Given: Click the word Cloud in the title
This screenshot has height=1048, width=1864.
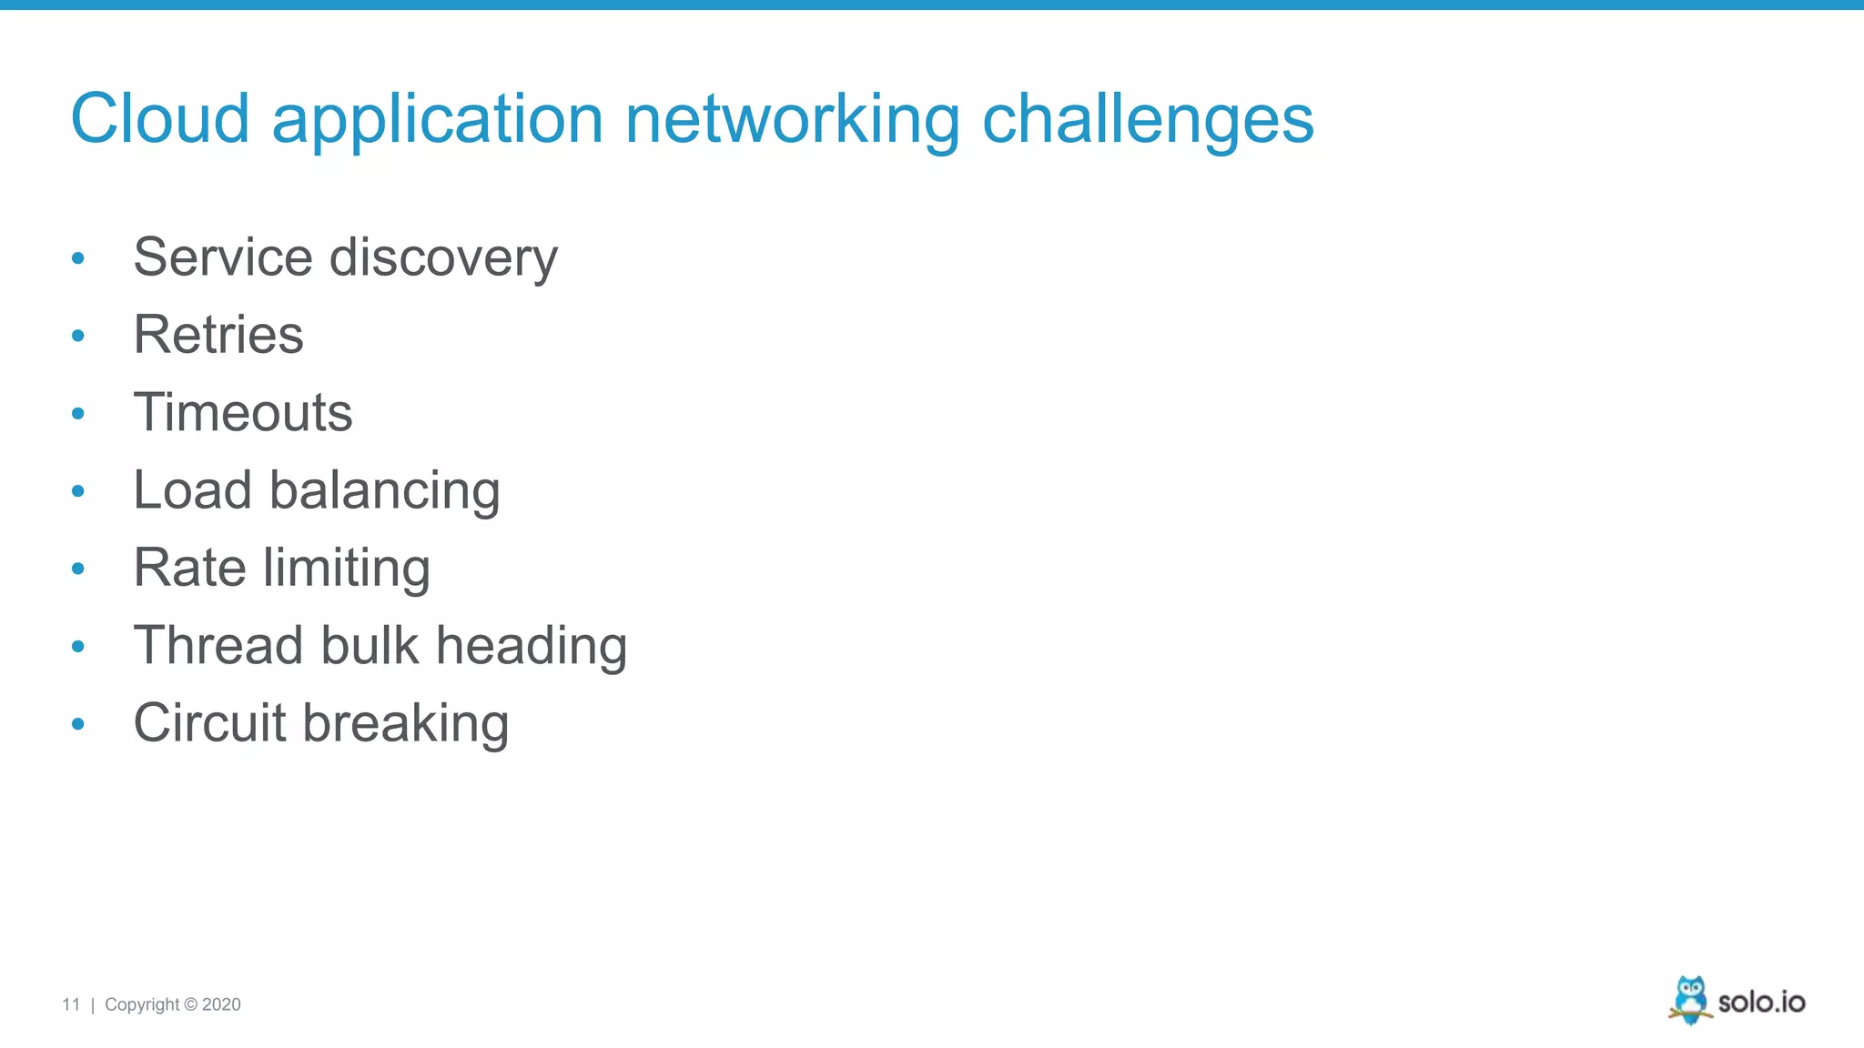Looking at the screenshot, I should pyautogui.click(x=160, y=119).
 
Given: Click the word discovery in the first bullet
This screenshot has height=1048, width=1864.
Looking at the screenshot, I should pyautogui.click(x=443, y=258).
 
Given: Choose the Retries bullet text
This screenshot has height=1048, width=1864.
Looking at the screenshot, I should pyautogui.click(x=218, y=335).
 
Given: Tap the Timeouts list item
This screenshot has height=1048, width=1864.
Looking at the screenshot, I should pyautogui.click(x=243, y=412).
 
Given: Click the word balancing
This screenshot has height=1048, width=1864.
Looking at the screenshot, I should pyautogui.click(x=384, y=491).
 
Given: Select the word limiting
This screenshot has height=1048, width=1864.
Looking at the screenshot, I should pyautogui.click(x=346, y=569).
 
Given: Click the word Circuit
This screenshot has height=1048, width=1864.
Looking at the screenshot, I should pyautogui.click(x=210, y=723).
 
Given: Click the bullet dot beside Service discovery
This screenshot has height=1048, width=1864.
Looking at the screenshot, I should pyautogui.click(x=78, y=259).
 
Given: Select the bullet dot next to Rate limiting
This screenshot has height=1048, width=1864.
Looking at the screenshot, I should pyautogui.click(x=78, y=569).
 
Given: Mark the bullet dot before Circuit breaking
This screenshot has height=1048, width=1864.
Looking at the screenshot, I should pyautogui.click(x=78, y=724).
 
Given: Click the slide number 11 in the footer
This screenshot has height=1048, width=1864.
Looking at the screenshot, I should pyautogui.click(x=71, y=1004).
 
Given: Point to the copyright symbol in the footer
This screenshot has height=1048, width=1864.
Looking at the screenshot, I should pyautogui.click(x=190, y=1004).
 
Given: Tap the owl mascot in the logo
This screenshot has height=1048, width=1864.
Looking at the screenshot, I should pyautogui.click(x=1690, y=1000).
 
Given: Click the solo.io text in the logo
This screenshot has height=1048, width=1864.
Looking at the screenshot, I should pyautogui.click(x=1761, y=1003).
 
